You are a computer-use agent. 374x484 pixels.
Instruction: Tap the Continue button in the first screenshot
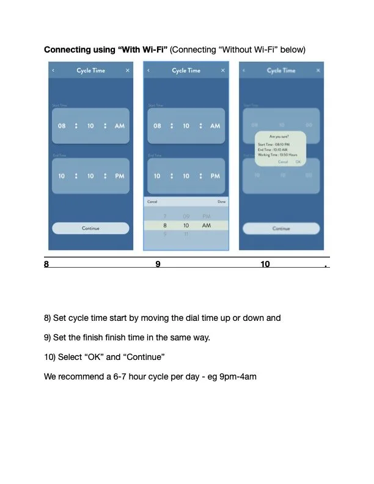coord(90,228)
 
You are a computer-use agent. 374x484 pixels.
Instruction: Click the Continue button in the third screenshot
coord(281,228)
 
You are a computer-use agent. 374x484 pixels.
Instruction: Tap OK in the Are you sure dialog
coord(298,162)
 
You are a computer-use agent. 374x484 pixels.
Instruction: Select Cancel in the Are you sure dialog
coord(283,162)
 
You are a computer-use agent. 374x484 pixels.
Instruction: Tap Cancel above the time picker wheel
coord(152,202)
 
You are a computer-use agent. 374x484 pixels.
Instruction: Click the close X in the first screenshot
coord(128,71)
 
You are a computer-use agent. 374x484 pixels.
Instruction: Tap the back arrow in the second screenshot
coord(148,71)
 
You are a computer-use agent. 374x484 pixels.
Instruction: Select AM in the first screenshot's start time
coord(120,126)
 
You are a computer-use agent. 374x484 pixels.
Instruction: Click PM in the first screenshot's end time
coord(120,176)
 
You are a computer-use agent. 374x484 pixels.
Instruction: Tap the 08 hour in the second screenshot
coord(157,126)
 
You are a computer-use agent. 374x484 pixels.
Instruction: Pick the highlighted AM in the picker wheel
coord(207,226)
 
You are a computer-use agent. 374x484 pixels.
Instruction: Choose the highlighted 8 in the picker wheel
coord(165,226)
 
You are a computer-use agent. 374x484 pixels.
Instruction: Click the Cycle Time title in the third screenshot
coord(281,71)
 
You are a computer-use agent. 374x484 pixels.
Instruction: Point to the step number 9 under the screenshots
coord(158,265)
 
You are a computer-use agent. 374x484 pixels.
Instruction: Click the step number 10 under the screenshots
coord(265,265)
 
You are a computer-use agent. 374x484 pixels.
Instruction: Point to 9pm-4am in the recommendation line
coord(235,376)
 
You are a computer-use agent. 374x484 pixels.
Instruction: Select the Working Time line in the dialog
coord(278,155)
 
